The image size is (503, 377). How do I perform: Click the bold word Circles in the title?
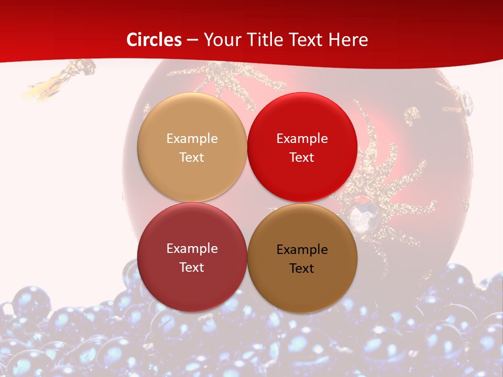point(154,40)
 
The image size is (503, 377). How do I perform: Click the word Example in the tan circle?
point(192,139)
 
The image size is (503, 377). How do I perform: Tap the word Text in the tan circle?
point(192,157)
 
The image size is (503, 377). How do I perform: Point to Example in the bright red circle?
point(302,139)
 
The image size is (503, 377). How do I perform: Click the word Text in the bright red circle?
point(302,157)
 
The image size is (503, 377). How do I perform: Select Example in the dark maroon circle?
point(192,249)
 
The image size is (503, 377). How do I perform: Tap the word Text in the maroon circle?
point(192,267)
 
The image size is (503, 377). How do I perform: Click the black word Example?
point(302,250)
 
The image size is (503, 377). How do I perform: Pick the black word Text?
point(302,268)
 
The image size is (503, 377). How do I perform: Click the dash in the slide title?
point(192,40)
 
